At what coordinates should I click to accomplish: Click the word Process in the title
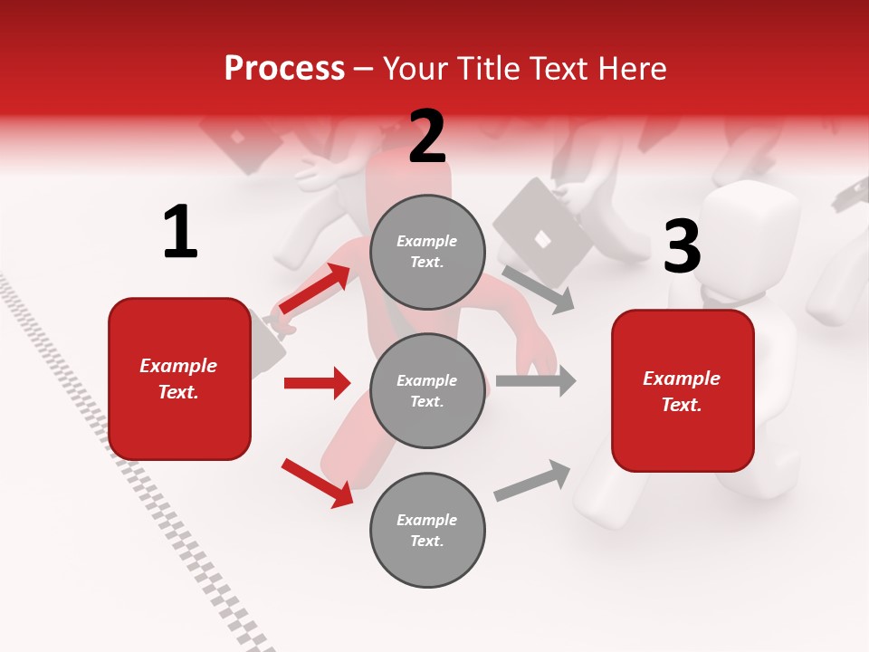pyautogui.click(x=284, y=69)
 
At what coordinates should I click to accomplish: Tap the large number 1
pyautogui.click(x=180, y=233)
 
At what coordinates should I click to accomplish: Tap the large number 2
pyautogui.click(x=427, y=138)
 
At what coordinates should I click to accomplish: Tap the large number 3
pyautogui.click(x=682, y=247)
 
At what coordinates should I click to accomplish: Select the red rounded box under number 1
pyautogui.click(x=179, y=379)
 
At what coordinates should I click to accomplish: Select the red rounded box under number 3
pyautogui.click(x=683, y=390)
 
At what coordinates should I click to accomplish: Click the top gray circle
pyautogui.click(x=427, y=252)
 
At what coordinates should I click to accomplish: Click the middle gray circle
pyautogui.click(x=427, y=390)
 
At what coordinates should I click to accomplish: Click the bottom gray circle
pyautogui.click(x=427, y=530)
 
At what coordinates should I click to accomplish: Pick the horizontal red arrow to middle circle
pyautogui.click(x=317, y=383)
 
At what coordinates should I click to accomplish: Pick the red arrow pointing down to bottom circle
pyautogui.click(x=317, y=483)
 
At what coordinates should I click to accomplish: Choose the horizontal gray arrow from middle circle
pyautogui.click(x=536, y=381)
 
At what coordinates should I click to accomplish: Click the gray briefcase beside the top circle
pyautogui.click(x=542, y=231)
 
